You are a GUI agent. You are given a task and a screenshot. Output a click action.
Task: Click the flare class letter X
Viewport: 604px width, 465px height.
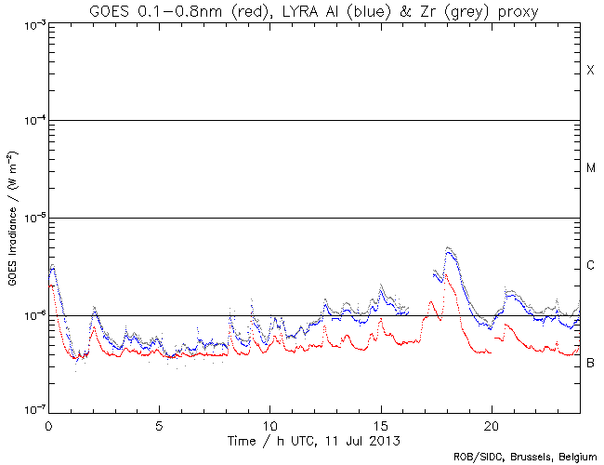point(590,71)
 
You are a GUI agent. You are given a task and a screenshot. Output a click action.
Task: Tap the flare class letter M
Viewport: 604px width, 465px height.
point(590,168)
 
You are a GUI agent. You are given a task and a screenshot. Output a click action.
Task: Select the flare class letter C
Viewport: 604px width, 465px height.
point(590,266)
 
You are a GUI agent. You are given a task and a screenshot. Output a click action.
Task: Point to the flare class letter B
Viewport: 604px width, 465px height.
point(590,362)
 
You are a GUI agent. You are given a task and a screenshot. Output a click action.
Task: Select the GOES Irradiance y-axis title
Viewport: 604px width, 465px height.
point(13,218)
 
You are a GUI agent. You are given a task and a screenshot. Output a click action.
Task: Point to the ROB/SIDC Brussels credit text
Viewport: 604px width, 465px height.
point(525,457)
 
